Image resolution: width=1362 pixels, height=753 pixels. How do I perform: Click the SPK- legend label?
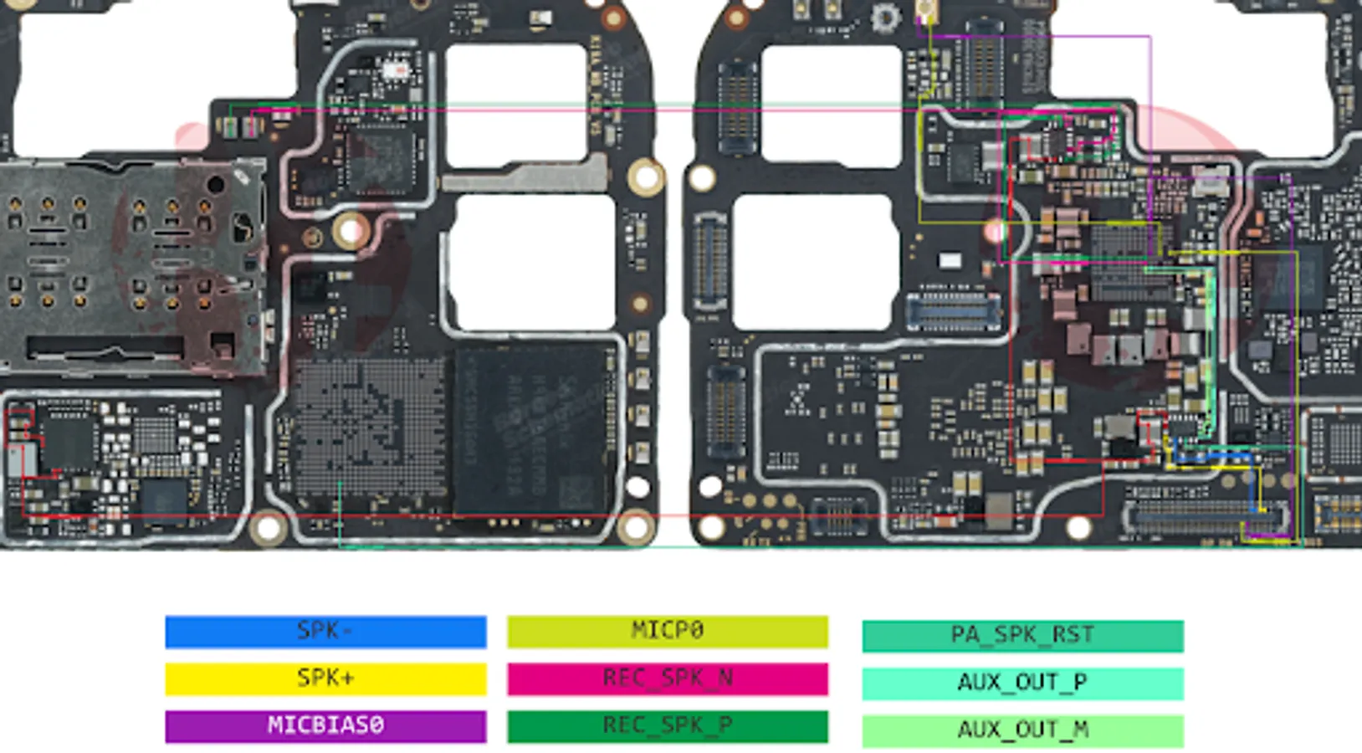(325, 632)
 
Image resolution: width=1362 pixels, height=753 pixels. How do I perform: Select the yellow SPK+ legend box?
(325, 679)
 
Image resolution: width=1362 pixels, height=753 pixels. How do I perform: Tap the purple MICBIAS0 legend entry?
(325, 726)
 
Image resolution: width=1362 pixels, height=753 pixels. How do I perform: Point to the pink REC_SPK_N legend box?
(667, 679)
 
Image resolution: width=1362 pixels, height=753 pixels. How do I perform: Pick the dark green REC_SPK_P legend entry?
(667, 726)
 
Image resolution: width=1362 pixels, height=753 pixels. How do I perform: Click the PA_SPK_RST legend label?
(1022, 636)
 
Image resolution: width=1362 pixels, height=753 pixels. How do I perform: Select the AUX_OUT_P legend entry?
(1022, 683)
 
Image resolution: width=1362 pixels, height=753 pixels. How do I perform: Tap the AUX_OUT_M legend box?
(1022, 730)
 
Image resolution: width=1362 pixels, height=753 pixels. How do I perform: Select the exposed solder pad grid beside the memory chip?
(368, 427)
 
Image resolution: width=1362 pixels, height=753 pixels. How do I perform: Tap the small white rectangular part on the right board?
(950, 261)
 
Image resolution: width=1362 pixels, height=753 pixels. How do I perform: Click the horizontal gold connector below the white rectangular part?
(953, 311)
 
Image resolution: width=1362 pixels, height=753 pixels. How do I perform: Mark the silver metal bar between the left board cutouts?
(525, 175)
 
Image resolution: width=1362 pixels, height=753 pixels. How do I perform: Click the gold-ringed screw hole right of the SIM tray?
(351, 229)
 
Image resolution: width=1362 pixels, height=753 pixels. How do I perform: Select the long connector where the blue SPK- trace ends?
(1205, 517)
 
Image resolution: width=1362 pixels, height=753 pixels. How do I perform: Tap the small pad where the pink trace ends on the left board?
(250, 127)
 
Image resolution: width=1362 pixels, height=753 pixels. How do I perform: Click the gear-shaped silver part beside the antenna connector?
(883, 17)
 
